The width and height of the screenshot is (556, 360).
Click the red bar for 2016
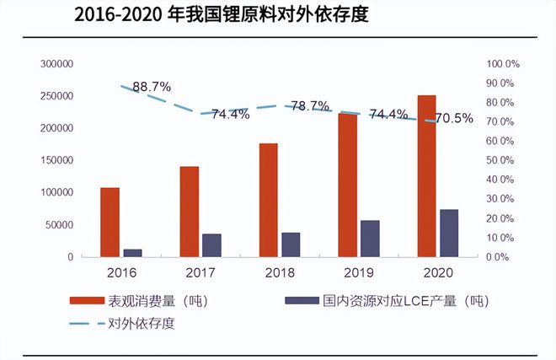[x=110, y=222]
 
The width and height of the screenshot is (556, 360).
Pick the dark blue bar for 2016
[x=132, y=252]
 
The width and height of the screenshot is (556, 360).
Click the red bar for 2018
[x=268, y=200]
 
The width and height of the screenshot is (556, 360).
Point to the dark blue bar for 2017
[x=211, y=244]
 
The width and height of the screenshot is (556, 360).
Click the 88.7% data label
[x=152, y=86]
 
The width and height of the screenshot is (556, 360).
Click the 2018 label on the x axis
[x=280, y=272]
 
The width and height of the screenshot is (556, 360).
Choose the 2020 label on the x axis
[x=437, y=272]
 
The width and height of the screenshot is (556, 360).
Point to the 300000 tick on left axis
[x=56, y=64]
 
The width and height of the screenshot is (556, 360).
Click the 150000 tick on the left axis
[x=56, y=160]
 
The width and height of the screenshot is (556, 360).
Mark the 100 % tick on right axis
[x=504, y=64]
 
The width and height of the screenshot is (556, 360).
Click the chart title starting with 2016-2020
[x=222, y=15]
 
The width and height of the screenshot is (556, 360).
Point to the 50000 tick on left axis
[x=59, y=225]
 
